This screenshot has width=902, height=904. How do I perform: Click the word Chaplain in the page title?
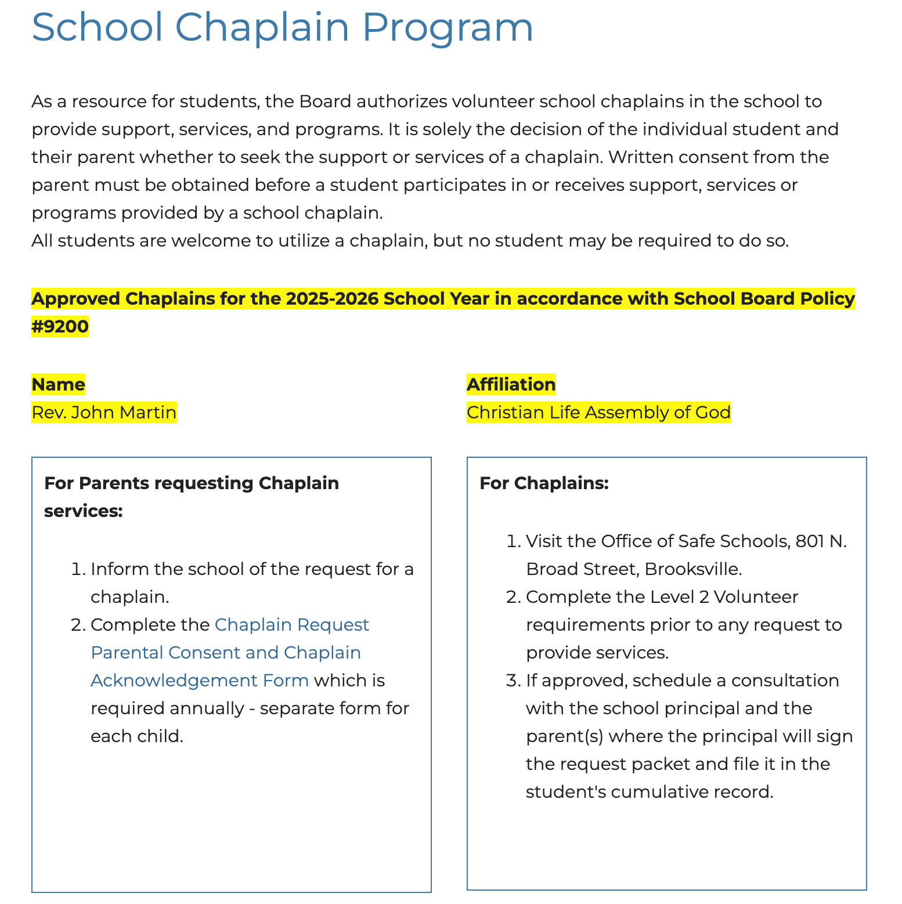click(262, 27)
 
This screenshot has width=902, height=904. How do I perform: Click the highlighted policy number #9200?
click(60, 326)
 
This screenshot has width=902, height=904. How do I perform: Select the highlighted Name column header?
click(58, 384)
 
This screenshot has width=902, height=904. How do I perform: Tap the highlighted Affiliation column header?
click(511, 384)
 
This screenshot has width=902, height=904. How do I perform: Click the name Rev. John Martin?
click(104, 413)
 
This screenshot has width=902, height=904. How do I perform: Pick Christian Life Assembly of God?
click(598, 413)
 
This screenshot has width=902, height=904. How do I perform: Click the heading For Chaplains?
click(544, 483)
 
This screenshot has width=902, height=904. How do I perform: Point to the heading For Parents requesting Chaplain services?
click(192, 497)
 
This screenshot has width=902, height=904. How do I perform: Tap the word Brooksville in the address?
click(692, 569)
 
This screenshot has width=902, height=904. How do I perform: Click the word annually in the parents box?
click(207, 708)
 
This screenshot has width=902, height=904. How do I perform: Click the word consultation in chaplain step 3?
click(785, 681)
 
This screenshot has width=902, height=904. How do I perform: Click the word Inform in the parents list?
click(120, 569)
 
